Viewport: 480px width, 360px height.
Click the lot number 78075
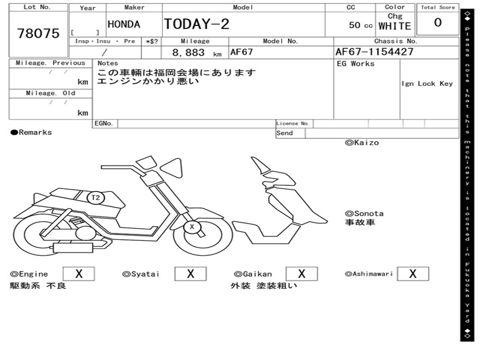(x=38, y=33)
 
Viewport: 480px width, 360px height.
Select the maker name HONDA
(x=124, y=24)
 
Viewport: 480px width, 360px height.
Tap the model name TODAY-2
(x=196, y=24)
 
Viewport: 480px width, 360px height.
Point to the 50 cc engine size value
(x=360, y=25)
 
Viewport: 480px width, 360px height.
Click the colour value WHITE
(x=395, y=26)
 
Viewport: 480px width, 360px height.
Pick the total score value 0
(x=438, y=23)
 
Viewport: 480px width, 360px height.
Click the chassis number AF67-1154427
(x=375, y=52)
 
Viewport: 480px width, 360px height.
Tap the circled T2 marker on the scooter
(x=96, y=197)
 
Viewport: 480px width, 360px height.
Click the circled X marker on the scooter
(x=191, y=227)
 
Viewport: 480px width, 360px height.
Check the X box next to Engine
(x=79, y=274)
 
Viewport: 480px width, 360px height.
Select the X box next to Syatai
(x=190, y=274)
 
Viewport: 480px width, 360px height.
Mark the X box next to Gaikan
(x=302, y=274)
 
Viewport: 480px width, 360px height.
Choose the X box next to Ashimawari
(x=412, y=274)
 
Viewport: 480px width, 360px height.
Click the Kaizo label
(x=362, y=142)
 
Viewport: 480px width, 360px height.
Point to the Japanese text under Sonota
(x=360, y=222)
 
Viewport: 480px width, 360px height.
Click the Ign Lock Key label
(x=427, y=83)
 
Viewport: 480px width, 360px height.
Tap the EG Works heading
(x=356, y=64)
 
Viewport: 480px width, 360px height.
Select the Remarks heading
(x=31, y=132)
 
